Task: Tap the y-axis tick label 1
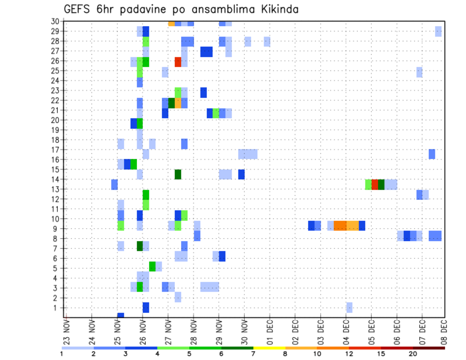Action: click(56, 308)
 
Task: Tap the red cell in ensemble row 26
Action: click(178, 62)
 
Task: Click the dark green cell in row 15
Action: click(178, 174)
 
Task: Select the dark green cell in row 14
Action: click(381, 184)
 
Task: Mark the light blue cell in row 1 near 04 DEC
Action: click(349, 308)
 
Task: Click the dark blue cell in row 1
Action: click(146, 308)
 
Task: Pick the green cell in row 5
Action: click(152, 266)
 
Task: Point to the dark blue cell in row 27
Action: click(206, 51)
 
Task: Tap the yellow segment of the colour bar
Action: click(269, 347)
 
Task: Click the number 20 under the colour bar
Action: click(413, 354)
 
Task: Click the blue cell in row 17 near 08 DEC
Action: click(432, 154)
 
